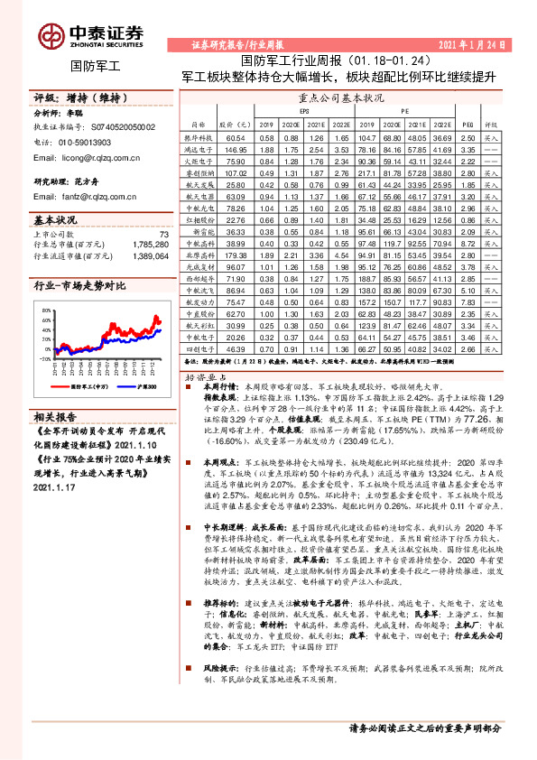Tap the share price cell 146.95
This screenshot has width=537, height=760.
click(x=236, y=149)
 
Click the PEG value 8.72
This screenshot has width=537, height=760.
click(x=467, y=244)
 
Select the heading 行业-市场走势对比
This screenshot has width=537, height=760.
click(x=80, y=285)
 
